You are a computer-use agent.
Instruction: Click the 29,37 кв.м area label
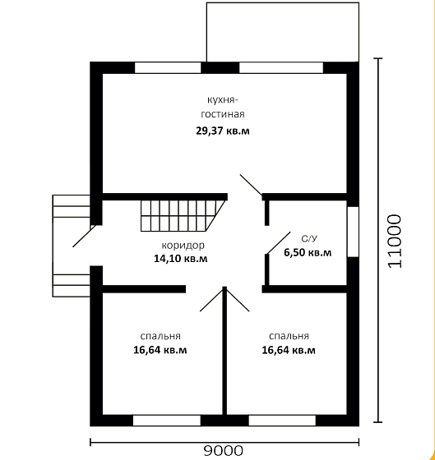tap(223, 131)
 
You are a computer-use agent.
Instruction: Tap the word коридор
tap(183, 246)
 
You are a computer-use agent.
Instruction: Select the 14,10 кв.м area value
tap(181, 259)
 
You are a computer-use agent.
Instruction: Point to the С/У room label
tap(309, 239)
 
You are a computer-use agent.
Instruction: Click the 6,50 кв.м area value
tap(308, 252)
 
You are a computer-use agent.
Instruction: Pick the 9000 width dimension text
tap(224, 450)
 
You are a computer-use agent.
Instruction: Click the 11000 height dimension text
tap(395, 241)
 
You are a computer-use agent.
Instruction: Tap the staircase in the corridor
tap(184, 216)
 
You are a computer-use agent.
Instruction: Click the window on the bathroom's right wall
tap(353, 232)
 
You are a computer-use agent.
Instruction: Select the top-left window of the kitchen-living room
tap(168, 67)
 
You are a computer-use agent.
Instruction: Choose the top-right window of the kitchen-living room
tap(281, 67)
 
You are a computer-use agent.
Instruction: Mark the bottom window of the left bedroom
tap(167, 421)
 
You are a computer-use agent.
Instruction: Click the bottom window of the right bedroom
tap(282, 421)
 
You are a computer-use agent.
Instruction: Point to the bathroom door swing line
tap(278, 242)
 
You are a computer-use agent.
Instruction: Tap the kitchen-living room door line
tap(251, 185)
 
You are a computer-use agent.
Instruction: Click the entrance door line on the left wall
tap(85, 236)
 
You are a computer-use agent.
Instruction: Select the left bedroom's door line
tap(212, 299)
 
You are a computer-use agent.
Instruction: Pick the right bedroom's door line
tap(238, 299)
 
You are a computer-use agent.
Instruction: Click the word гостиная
tap(223, 114)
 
